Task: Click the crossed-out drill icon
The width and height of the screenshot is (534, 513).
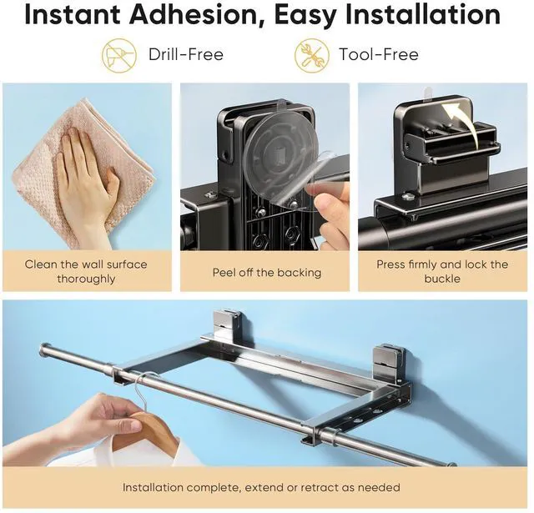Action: [x=118, y=56]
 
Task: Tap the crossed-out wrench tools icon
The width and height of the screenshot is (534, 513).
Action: [x=311, y=56]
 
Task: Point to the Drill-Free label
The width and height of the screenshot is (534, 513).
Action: [x=186, y=54]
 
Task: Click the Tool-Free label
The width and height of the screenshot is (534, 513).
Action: [x=378, y=54]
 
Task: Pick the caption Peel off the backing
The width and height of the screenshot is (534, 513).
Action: [x=267, y=272]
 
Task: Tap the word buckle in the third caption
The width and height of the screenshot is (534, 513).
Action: [x=442, y=279]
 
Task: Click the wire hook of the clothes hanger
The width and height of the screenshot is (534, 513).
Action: [x=143, y=391]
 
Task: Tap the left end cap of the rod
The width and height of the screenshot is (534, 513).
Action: [x=43, y=350]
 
